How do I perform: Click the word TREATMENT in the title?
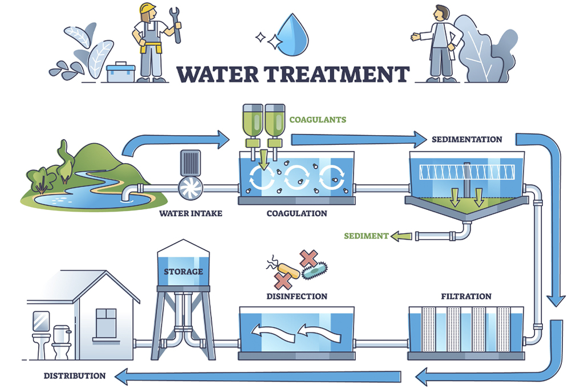tap(339, 75)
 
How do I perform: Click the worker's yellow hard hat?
tap(148, 9)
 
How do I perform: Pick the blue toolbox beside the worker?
tap(121, 72)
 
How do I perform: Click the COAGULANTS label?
tap(318, 120)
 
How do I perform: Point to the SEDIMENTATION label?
tap(467, 139)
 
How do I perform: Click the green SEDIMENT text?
tap(365, 236)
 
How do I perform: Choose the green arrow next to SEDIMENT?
tap(402, 236)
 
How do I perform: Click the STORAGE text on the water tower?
tap(183, 271)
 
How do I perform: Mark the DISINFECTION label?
tap(297, 297)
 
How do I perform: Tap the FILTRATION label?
tap(466, 297)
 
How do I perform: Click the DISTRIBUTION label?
tap(75, 376)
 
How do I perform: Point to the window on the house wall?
tap(106, 323)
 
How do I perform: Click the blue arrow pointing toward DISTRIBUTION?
tap(257, 375)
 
